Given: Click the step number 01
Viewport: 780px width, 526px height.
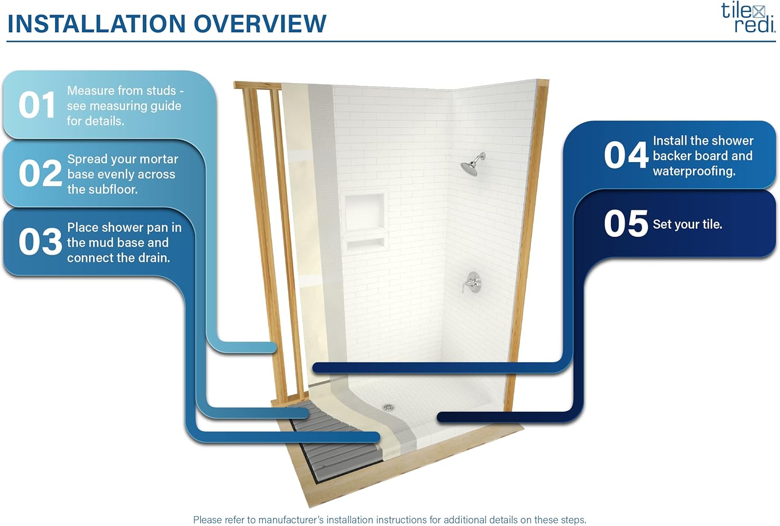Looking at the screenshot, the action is pos(37,105).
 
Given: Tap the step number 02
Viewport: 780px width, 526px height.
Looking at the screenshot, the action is pos(41,173).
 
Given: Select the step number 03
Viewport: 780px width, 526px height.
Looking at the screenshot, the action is pos(41,241).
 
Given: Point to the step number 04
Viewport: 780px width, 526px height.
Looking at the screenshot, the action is pos(626,155).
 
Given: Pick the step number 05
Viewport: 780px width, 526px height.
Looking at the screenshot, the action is pos(626,223).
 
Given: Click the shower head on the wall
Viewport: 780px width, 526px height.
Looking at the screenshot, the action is pos(473,164).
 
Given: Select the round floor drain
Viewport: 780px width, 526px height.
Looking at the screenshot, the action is pos(388,407).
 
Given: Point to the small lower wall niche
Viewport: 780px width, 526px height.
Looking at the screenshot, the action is pos(365,243).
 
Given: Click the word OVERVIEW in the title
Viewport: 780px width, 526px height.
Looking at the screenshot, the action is pos(260,24).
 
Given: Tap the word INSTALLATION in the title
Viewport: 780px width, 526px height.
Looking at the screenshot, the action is pos(96,24).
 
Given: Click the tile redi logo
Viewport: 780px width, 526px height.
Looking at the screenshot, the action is pos(748,17).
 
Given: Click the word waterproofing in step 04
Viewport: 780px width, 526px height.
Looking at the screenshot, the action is pos(694,172).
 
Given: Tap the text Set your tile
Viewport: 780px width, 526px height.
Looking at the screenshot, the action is pos(687,224).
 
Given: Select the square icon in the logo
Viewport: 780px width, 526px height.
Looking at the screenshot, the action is pos(759,12).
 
